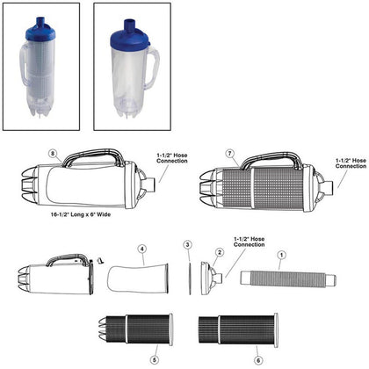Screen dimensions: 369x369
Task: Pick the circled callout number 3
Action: coord(187,243)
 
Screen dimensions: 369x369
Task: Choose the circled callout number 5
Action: coord(130,358)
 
